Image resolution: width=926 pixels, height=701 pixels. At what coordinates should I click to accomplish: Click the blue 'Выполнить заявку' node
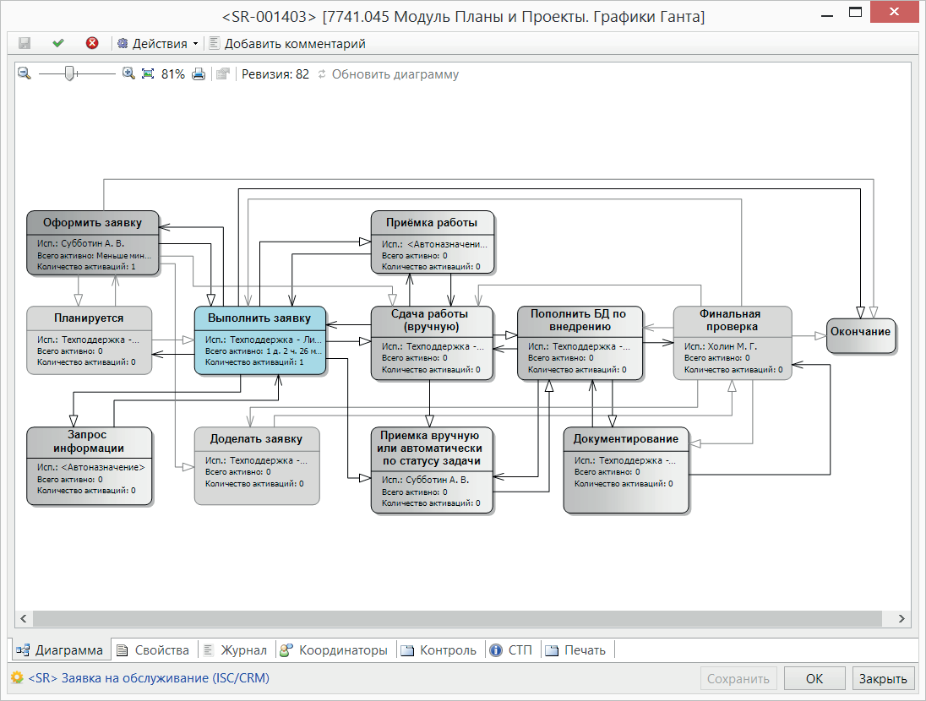coord(260,340)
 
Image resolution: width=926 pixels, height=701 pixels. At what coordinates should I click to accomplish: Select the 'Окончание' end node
coord(860,336)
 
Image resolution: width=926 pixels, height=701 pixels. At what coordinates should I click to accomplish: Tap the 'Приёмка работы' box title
coord(432,223)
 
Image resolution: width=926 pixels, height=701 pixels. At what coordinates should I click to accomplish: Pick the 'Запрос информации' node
coord(90,466)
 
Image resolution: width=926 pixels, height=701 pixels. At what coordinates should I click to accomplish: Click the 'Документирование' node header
coord(626,439)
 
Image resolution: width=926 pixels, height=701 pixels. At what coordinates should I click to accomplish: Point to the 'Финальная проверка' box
coord(733,343)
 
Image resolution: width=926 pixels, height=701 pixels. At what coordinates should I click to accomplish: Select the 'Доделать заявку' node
coord(257,466)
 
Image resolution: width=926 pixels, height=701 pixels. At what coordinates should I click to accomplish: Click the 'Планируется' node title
coord(90,318)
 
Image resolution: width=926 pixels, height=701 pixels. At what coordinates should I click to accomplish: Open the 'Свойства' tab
coord(154,650)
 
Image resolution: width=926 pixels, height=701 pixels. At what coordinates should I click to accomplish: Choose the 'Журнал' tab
coord(236,650)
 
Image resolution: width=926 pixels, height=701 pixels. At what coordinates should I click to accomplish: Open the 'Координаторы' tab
coord(335,650)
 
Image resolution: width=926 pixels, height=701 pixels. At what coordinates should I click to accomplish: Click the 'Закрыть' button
coord(883,678)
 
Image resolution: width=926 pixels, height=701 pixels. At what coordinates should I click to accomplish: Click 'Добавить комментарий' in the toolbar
coord(287,44)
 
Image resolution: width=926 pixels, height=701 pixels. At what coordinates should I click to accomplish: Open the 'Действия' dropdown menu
coord(158,44)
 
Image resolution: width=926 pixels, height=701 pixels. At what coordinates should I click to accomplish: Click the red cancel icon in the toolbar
coord(92,43)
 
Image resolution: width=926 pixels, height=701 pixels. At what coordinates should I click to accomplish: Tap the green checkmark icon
coord(57,43)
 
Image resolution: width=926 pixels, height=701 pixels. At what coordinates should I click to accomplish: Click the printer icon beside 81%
coord(199,73)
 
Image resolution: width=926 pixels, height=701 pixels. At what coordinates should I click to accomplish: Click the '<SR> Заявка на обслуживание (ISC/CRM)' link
coord(149,678)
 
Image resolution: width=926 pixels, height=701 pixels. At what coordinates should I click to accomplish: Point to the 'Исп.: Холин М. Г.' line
coord(721,346)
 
